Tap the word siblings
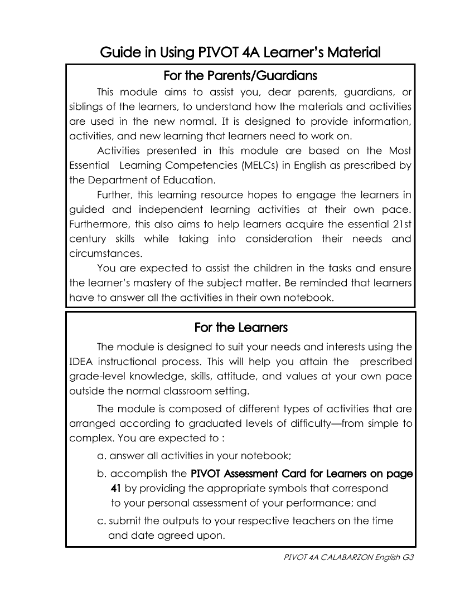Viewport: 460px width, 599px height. (87, 106)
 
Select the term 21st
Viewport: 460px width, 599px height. (400, 224)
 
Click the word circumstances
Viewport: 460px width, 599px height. (104, 254)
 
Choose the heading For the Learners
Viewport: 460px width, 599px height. (241, 327)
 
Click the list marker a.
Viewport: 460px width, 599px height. (101, 456)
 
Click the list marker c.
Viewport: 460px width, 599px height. (101, 522)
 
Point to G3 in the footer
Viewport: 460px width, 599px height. (410, 557)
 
